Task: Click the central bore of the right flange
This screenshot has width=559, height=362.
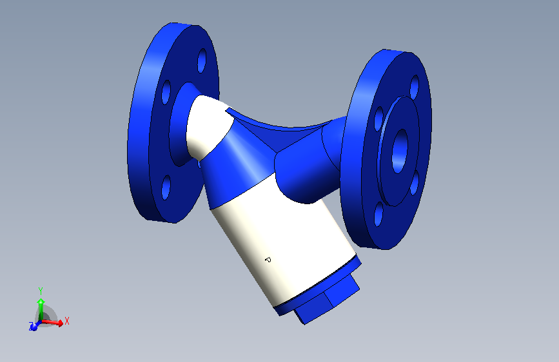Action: click(x=400, y=150)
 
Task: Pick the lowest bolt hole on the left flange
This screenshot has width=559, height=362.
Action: click(x=166, y=187)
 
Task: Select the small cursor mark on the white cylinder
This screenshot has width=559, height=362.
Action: click(x=268, y=260)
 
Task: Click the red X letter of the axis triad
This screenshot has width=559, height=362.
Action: click(x=67, y=320)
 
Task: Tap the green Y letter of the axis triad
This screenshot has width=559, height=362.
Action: click(x=40, y=291)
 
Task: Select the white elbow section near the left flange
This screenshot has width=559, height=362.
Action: click(x=205, y=126)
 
